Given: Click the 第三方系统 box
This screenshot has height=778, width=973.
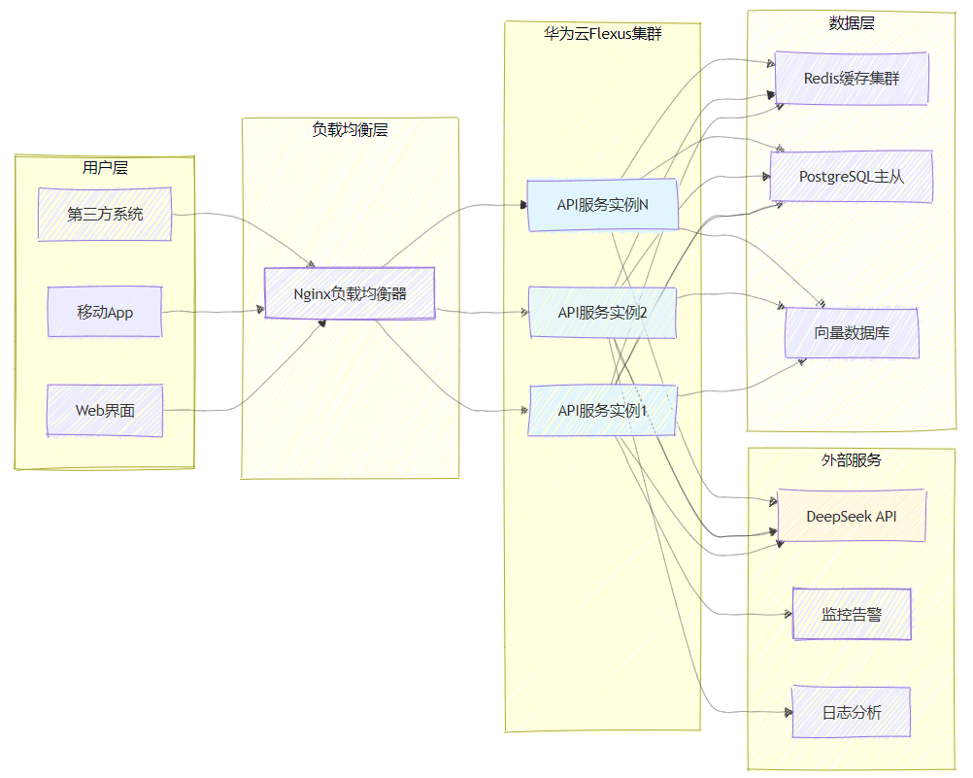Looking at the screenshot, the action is point(105,215).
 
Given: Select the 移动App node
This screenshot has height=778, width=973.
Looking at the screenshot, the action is point(105,312).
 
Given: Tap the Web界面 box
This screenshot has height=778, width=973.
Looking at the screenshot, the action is point(105,411).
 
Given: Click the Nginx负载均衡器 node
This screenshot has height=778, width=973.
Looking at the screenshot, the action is point(350,293).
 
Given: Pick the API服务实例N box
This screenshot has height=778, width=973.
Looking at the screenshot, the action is point(602,205).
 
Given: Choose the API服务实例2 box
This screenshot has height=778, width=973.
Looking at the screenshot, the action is point(602,313).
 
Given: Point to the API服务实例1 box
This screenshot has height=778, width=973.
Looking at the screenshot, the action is point(602,411).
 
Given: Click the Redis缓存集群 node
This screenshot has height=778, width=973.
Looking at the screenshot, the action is point(852,79).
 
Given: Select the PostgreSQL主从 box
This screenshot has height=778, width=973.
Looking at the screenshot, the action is point(852,177).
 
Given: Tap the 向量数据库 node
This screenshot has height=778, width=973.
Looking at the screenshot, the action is point(852,333).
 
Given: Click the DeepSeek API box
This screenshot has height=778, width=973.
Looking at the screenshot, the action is point(852,516).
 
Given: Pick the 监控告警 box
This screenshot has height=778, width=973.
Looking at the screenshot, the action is point(852,614).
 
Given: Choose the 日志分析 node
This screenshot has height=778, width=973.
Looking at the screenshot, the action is point(852,712).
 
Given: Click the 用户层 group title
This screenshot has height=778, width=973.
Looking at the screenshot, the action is point(105,168).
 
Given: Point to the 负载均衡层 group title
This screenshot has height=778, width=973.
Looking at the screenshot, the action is point(350,130).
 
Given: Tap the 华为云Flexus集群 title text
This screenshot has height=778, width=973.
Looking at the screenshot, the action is point(602,34).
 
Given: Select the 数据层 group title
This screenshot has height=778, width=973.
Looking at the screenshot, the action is point(852,23).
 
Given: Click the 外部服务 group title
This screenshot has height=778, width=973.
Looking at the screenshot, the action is point(852,460).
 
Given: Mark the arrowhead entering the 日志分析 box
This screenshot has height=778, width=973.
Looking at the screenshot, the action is point(788,712).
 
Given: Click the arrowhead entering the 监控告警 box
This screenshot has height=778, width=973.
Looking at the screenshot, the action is point(788,614).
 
